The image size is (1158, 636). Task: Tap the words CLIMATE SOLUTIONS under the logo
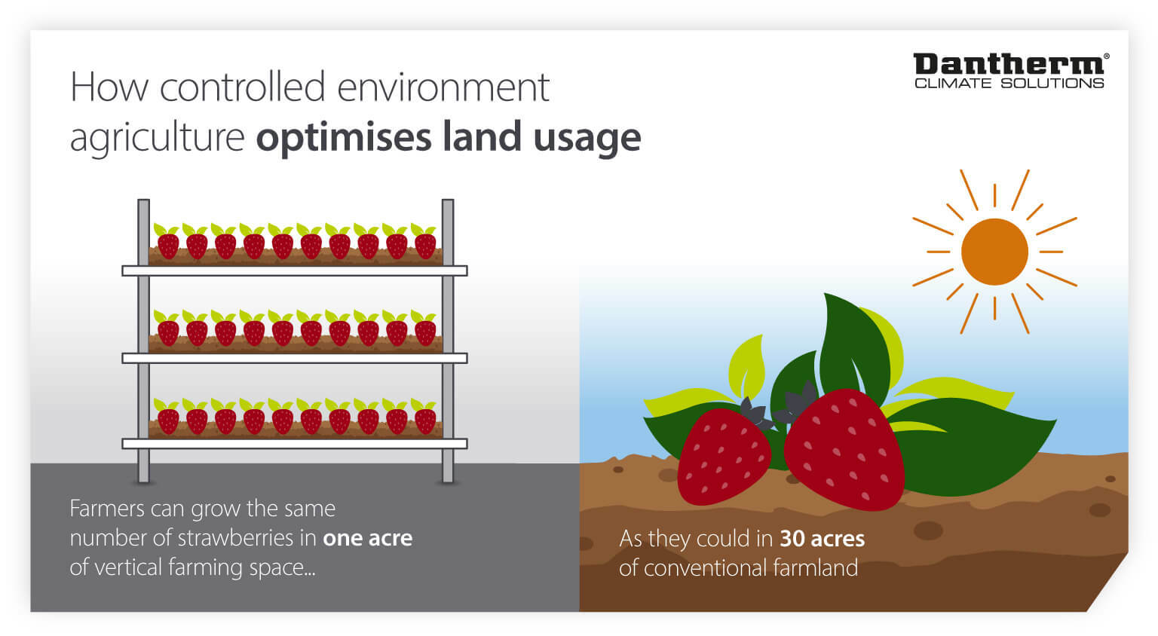[1009, 84]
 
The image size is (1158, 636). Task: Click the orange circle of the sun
[994, 252]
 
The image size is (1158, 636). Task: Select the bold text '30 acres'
[822, 539]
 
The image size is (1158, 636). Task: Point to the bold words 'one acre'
[367, 538]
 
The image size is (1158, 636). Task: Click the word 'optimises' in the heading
[346, 137]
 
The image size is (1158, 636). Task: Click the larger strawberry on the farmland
[844, 450]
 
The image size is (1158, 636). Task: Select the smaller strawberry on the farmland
[723, 456]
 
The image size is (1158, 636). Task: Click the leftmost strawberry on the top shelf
[167, 245]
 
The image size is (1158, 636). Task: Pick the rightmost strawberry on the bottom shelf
[425, 420]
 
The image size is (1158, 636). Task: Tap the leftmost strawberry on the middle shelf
[167, 332]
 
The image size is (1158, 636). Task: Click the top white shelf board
[294, 271]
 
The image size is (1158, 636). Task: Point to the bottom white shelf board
[294, 444]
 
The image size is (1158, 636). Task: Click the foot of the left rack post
[143, 476]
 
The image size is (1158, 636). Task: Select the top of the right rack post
[448, 203]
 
